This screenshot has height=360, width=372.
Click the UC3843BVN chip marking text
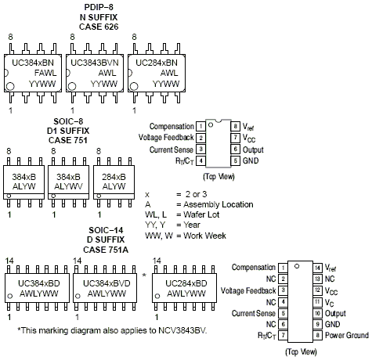coord(95,60)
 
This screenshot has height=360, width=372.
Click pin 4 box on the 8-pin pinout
coord(201,160)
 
